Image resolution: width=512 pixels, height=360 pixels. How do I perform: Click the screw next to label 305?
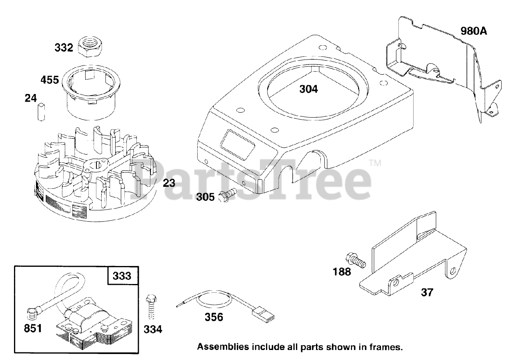(228, 195)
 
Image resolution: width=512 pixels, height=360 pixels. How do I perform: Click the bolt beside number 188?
(356, 261)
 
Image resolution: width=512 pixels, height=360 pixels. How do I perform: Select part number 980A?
(474, 31)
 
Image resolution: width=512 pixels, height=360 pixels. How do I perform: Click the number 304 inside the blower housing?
(309, 89)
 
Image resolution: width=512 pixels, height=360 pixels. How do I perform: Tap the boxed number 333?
(122, 276)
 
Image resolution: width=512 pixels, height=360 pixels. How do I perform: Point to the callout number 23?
(169, 183)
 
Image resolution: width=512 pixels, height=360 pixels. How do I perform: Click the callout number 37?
(427, 292)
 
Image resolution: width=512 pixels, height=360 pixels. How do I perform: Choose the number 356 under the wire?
(214, 317)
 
